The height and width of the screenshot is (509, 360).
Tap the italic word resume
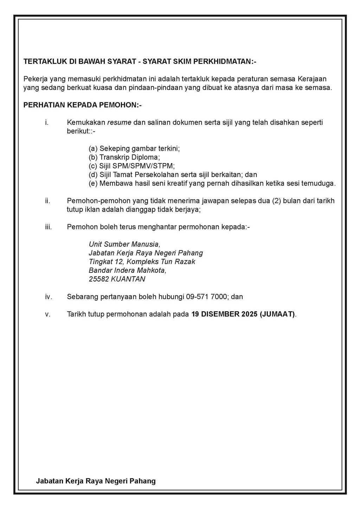click(x=119, y=122)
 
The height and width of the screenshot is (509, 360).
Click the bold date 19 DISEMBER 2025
click(x=224, y=314)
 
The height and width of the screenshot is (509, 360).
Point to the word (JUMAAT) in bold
click(x=277, y=314)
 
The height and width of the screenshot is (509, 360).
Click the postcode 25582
click(x=99, y=279)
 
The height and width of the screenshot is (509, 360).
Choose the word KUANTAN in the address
click(x=128, y=279)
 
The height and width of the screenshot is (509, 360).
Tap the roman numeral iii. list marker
click(x=49, y=227)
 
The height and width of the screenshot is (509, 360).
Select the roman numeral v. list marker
click(x=48, y=314)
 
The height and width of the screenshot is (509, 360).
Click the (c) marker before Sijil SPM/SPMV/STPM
click(x=93, y=166)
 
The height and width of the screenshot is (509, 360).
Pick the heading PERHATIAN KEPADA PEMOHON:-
click(x=82, y=105)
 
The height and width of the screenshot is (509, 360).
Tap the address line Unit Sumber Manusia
click(x=124, y=244)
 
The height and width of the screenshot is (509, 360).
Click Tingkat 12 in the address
click(x=105, y=262)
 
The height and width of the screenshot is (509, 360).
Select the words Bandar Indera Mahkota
click(x=127, y=270)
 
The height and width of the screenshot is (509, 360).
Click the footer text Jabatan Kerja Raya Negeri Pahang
click(x=96, y=481)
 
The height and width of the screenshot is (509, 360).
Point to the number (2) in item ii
click(x=276, y=201)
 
